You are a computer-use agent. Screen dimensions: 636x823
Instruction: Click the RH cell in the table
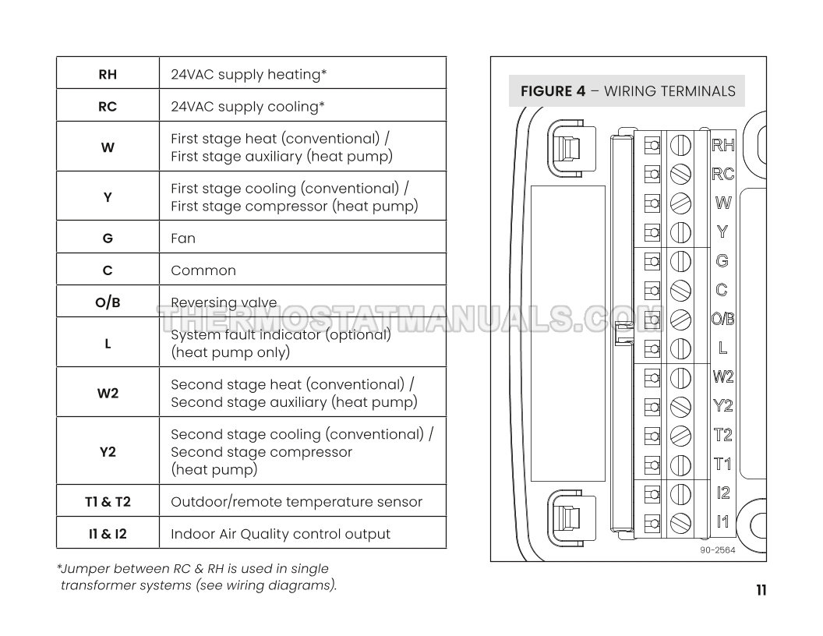point(108,75)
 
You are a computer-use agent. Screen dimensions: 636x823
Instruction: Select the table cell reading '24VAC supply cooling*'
point(248,107)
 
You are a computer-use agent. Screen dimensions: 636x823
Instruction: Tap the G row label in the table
point(108,238)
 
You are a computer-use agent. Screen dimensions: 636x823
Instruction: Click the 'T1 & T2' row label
point(108,502)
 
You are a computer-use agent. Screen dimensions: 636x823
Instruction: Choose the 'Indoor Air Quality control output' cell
point(281,534)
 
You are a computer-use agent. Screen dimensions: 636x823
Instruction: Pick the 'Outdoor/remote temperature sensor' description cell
point(296,502)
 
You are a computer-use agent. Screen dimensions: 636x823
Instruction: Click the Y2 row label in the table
point(108,452)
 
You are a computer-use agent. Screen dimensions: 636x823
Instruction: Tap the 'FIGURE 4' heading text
point(553,91)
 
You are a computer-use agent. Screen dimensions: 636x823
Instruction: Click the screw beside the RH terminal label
point(681,145)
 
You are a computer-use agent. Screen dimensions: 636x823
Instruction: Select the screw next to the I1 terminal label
point(681,522)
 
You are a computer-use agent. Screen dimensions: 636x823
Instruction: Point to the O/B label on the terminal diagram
point(722,319)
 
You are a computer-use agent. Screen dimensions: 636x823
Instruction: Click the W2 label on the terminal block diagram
point(722,376)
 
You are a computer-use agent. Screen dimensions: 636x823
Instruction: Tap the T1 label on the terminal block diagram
point(722,465)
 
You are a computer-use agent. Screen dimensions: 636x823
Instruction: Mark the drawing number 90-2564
point(718,549)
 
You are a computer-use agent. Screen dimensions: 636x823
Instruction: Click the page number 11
point(761,590)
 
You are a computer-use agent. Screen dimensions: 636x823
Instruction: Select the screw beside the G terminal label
point(681,261)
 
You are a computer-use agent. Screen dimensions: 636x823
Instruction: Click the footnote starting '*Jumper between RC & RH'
point(196,578)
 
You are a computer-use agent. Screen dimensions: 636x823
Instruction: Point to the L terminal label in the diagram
point(722,348)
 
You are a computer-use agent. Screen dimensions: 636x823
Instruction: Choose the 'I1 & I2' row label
point(108,534)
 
